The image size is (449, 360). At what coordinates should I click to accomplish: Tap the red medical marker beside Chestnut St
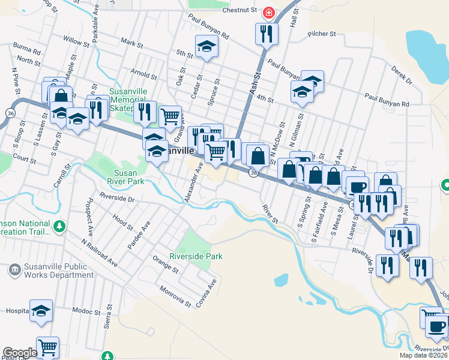268,11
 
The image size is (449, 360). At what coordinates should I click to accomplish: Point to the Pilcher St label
323,35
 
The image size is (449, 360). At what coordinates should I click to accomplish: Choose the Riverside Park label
196,256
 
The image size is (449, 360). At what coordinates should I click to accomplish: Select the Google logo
19,353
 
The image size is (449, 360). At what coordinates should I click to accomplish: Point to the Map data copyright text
423,355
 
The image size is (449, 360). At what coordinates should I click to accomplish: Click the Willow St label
76,43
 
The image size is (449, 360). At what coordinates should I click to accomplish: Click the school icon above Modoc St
41,311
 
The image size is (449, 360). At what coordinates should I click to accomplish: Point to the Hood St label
122,224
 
